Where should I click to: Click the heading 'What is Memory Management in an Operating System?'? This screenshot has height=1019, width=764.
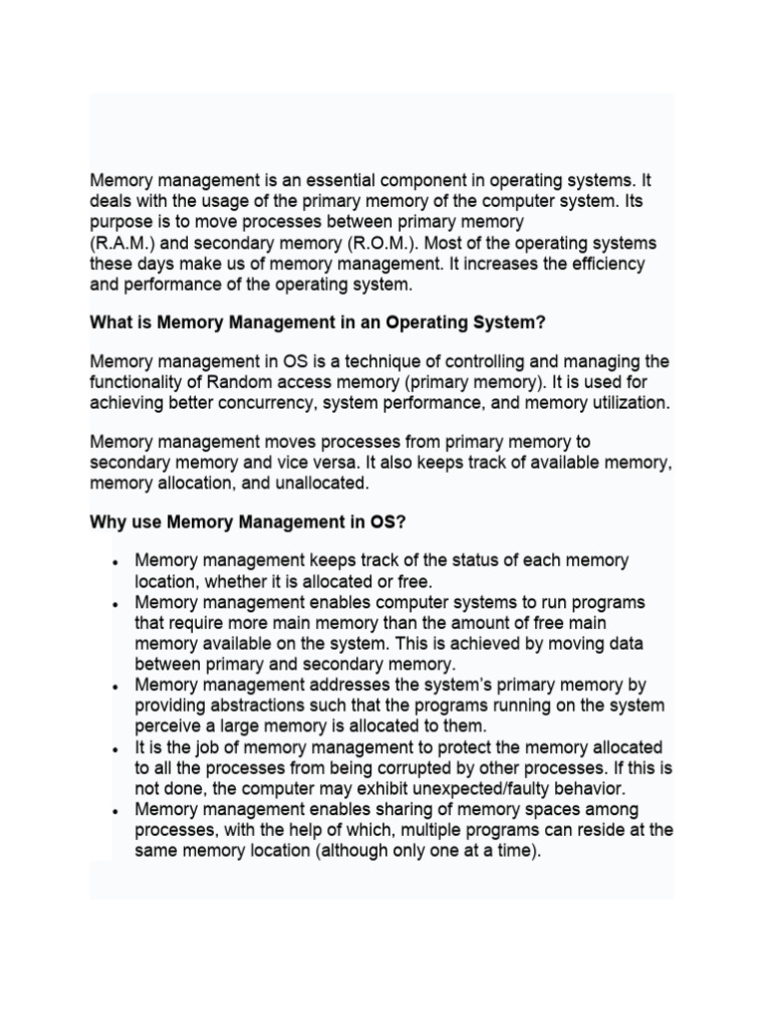(318, 322)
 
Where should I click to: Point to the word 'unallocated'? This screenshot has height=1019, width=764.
(321, 483)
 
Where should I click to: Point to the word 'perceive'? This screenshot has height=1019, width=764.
(167, 726)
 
